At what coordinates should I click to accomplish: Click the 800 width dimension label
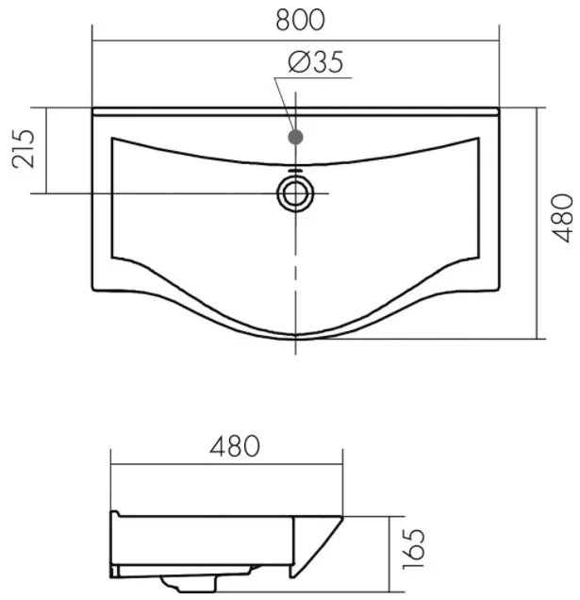tap(300, 20)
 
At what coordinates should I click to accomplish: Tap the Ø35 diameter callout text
tap(316, 62)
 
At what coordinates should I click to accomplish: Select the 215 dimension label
tap(24, 149)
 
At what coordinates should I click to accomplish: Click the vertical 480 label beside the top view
tap(561, 218)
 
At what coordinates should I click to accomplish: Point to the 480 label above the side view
tap(235, 446)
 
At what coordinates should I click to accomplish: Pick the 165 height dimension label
tap(414, 549)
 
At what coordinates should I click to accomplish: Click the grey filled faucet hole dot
tap(295, 137)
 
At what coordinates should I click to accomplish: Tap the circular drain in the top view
tap(295, 193)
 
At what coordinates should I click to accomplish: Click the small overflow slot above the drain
tap(295, 170)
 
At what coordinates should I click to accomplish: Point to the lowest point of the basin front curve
tap(295, 339)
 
